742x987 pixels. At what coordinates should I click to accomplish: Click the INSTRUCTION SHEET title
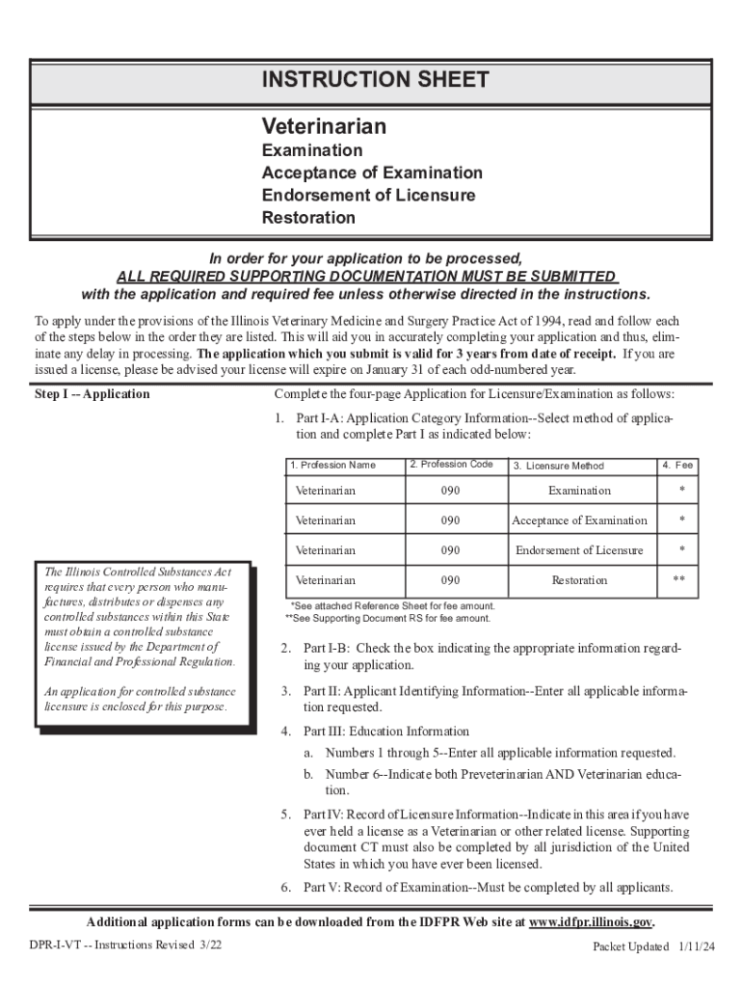coord(375,81)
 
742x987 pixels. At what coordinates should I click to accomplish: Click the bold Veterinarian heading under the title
coord(324,127)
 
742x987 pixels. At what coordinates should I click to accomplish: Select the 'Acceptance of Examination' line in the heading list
coord(372,173)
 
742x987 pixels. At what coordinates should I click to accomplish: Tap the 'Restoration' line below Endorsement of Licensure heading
coord(308,218)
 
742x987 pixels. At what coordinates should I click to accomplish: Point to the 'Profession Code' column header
coord(451,465)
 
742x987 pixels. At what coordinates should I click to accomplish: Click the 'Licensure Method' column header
coord(558,467)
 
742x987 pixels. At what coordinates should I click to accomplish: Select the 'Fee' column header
coord(677,466)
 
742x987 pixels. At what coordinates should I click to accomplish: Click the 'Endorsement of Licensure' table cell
coord(579,550)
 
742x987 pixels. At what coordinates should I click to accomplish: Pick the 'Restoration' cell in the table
coord(579,580)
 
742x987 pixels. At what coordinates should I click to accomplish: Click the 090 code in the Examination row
coord(451,491)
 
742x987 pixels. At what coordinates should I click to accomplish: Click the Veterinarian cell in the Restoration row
coord(325,580)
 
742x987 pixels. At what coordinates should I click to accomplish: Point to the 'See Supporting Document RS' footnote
coord(387,618)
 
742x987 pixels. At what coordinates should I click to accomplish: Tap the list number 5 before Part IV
coord(286,814)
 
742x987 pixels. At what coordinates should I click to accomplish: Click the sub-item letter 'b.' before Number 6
coord(310,775)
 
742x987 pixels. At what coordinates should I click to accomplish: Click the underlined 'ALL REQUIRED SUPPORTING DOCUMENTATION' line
coord(366,276)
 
